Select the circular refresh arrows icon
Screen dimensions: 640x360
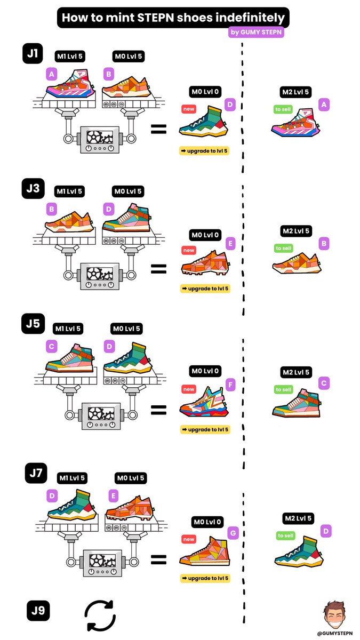click(x=101, y=615)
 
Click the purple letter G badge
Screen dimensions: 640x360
click(x=233, y=532)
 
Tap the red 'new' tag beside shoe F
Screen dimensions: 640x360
click(x=189, y=389)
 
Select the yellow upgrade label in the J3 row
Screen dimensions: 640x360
click(x=205, y=289)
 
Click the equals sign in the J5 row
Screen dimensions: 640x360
click(x=158, y=410)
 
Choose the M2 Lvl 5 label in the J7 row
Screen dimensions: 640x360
click(x=295, y=518)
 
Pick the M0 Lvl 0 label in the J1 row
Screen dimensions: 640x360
click(x=205, y=92)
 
